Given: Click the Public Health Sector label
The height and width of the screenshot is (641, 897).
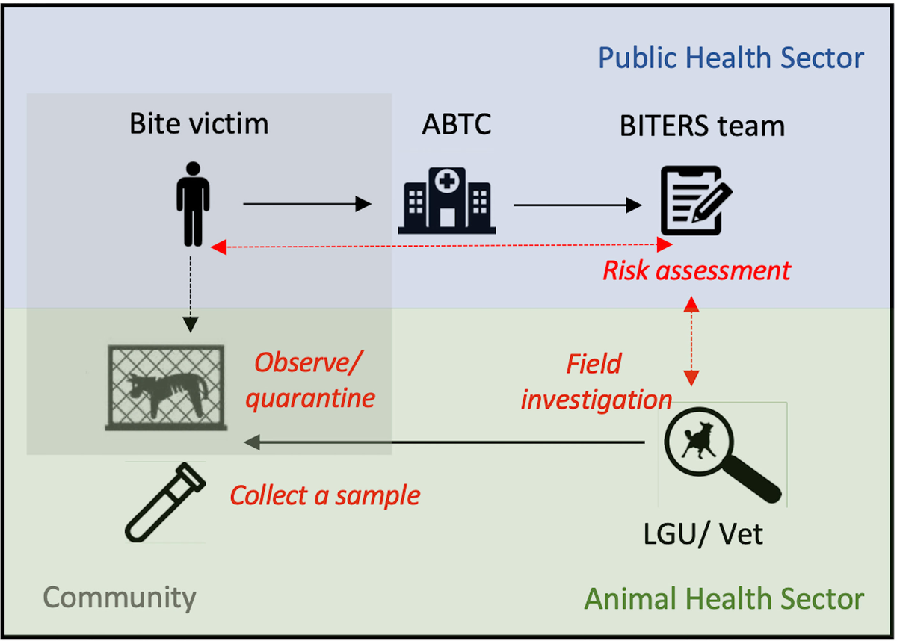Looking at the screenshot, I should [731, 58].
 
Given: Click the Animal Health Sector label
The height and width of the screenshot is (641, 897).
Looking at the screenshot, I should [724, 598].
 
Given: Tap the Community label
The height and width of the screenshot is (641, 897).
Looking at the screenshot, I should [120, 597].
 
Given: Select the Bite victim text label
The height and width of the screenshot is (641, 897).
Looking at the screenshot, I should [199, 123].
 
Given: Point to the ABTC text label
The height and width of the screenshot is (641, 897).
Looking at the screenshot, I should [456, 124].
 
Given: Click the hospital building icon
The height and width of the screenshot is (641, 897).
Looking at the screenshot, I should [447, 199].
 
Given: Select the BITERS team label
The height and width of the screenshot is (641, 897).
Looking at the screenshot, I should [702, 126].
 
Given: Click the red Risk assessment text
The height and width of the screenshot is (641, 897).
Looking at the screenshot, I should [696, 270].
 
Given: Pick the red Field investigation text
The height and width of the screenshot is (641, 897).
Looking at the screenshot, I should [596, 382].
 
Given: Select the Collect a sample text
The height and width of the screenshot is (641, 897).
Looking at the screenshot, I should [324, 495].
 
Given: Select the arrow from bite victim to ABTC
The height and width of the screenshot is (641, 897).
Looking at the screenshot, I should [307, 203].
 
